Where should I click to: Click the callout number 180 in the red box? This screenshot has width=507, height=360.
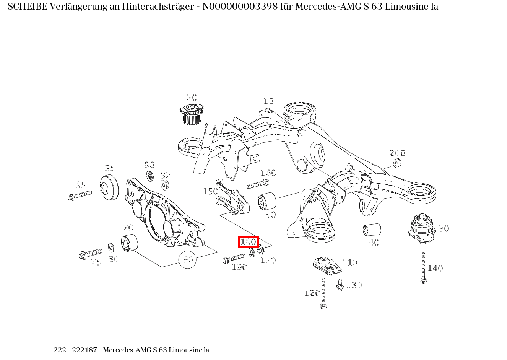point(248,242)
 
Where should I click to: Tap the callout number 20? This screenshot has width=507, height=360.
point(192,98)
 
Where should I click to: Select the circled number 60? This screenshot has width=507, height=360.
point(188,260)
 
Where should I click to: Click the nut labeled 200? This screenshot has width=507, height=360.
point(396,163)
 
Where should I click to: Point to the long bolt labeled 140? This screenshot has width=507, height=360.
point(423,268)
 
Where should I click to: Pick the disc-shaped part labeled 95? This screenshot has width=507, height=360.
point(109,188)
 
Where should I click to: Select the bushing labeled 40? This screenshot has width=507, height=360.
point(372,230)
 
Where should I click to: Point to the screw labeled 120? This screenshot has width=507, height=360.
point(323,293)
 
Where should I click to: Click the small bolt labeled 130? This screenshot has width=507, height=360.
point(340,285)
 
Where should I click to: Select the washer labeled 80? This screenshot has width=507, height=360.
point(110,247)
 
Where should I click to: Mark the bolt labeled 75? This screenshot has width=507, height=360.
point(90,253)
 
